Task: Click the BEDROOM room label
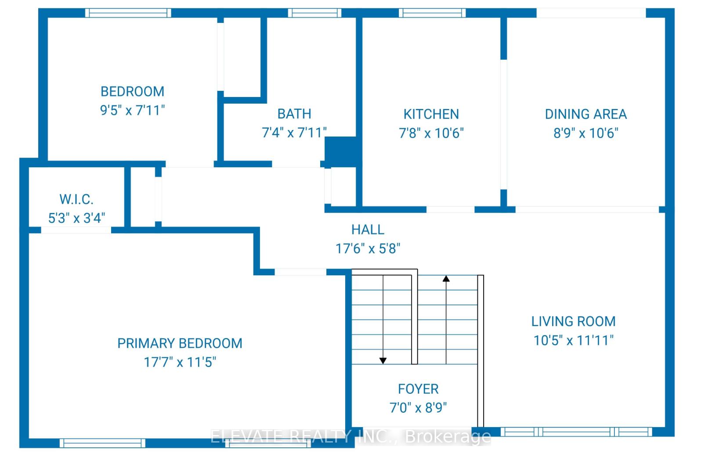coord(132,91)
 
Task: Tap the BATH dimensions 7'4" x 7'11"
coord(294,132)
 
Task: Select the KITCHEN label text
coord(431,114)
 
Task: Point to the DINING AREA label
coord(585,114)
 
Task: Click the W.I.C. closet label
coord(76,199)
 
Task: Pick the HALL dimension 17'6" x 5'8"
coord(368,248)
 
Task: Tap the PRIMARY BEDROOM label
coord(180,343)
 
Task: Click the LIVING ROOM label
coord(573,321)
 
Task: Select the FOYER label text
coord(418,389)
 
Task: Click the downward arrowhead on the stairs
coord(383,360)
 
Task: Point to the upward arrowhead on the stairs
coord(446,278)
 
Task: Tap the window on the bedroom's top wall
coord(128,13)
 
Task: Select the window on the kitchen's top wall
coord(432,13)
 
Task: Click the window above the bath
coord(314,13)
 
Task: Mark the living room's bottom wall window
coord(576,432)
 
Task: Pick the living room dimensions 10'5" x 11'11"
coord(573,340)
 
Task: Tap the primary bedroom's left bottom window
coord(102,443)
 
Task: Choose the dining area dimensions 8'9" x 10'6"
coord(585,133)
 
